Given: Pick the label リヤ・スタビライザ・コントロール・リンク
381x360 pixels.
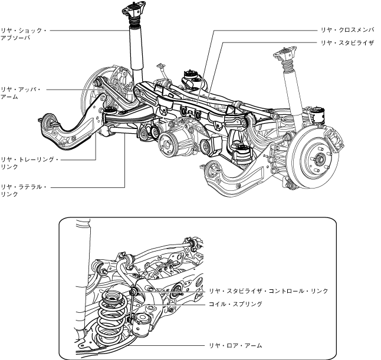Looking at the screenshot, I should pyautogui.click(x=268, y=291).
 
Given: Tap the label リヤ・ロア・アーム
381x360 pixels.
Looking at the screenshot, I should pyautogui.click(x=235, y=345).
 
